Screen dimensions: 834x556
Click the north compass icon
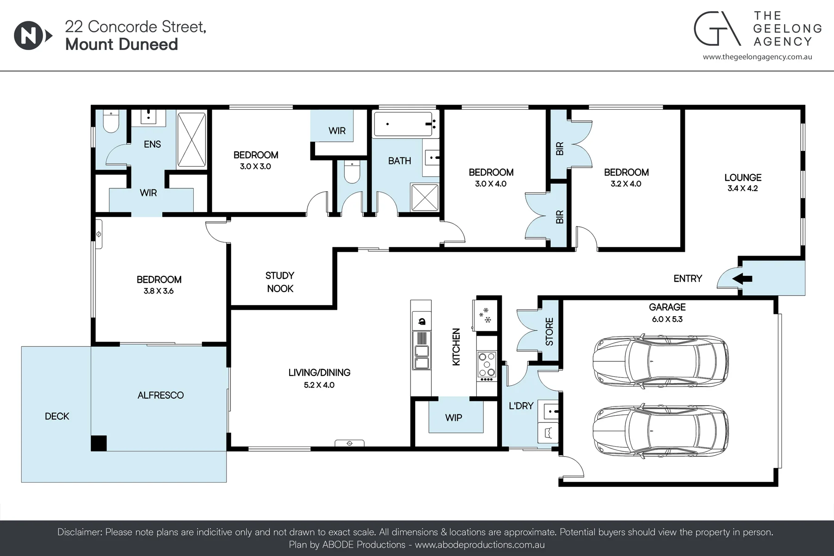(x=33, y=36)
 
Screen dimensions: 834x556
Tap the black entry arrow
(x=742, y=279)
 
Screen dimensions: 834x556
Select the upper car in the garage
(x=661, y=359)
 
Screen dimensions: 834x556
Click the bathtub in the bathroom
(x=406, y=124)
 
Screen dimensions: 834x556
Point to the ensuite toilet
(x=111, y=121)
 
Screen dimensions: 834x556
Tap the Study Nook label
(x=280, y=282)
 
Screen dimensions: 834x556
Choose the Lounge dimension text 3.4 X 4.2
(x=743, y=188)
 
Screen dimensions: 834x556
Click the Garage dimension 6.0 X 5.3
(x=667, y=319)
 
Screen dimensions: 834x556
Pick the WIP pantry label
(x=454, y=418)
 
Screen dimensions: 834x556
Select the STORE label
(x=550, y=331)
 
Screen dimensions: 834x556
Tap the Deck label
(x=57, y=416)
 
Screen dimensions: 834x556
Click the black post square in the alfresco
(x=99, y=443)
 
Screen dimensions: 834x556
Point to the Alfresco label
(x=161, y=395)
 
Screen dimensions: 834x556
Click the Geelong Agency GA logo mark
(x=716, y=29)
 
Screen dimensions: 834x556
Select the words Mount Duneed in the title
(x=121, y=44)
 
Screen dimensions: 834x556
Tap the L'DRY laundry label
(x=521, y=406)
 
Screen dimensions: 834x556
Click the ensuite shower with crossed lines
(x=191, y=139)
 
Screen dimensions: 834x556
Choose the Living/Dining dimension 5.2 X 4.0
(x=319, y=385)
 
